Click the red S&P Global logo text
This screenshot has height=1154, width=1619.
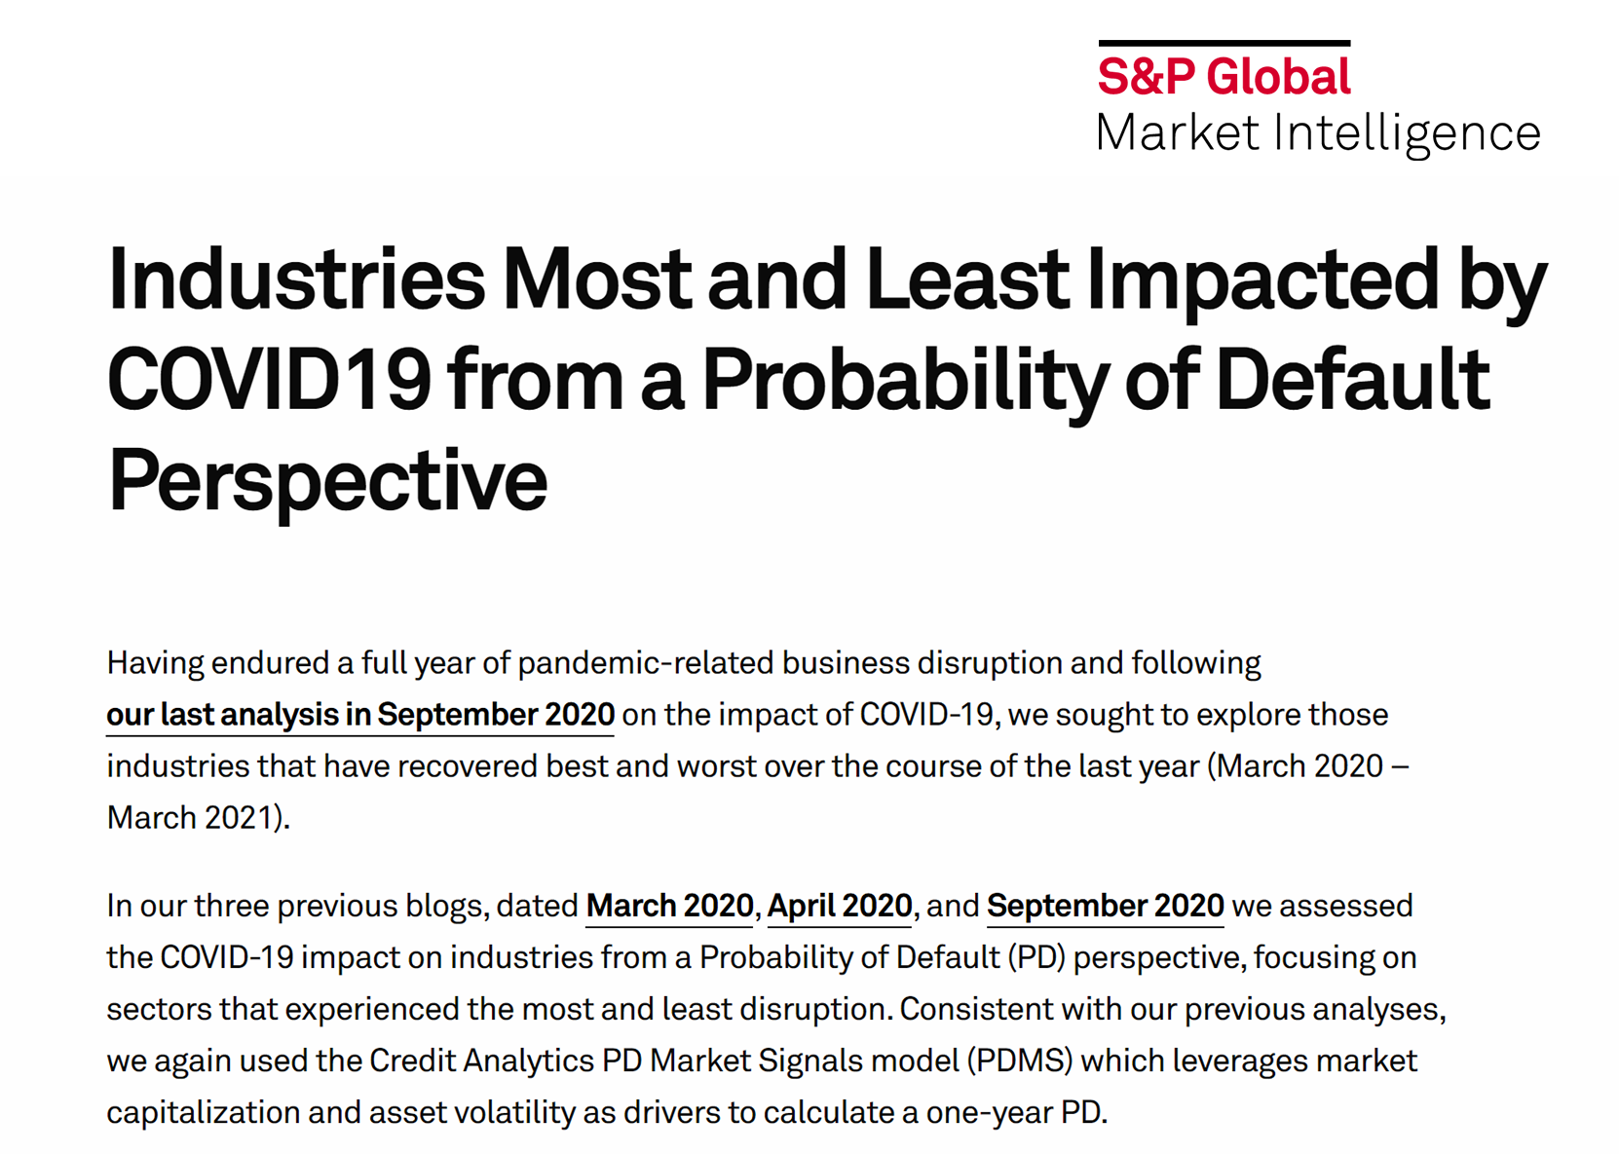1224,76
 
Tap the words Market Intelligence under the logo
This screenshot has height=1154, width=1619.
1319,134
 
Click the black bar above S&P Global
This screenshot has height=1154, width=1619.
1224,44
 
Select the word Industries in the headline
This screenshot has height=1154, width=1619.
296,279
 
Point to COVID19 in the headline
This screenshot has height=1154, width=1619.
270,379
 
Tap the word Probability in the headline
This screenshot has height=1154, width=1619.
906,383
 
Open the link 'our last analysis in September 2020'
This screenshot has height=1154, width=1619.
360,715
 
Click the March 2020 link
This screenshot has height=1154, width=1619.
670,906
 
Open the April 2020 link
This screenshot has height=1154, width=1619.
840,907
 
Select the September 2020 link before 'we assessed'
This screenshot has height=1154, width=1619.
1105,907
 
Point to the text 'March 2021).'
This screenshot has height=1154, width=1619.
198,818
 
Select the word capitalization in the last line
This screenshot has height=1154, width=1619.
203,1113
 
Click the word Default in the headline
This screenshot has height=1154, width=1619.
1353,379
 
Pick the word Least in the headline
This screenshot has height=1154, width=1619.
967,279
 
